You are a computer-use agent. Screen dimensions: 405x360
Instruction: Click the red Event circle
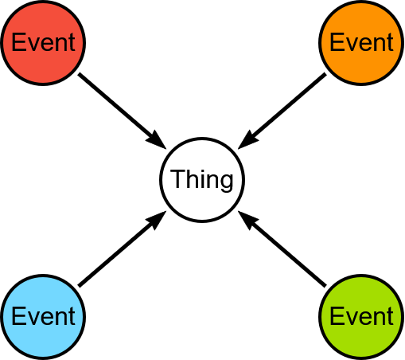coord(43,43)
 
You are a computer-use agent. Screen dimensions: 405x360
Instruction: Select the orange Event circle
coord(361,43)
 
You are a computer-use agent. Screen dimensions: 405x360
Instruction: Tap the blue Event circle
coord(43,317)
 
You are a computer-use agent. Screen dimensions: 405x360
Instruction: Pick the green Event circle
coord(361,317)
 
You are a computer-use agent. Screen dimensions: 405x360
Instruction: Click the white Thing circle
coord(202,180)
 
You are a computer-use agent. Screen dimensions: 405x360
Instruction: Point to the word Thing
coord(202,180)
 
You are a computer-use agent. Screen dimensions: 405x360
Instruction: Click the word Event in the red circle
coord(43,42)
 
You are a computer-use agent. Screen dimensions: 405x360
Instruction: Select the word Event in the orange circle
coord(361,42)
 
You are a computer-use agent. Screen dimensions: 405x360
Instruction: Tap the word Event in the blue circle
coord(43,316)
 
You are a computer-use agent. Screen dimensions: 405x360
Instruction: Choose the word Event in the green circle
coord(361,316)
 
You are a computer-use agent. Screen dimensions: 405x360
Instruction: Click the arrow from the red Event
coord(123,112)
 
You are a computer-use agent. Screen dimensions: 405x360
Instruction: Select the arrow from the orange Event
coord(282,112)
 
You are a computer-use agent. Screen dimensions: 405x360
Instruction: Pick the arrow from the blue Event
coord(123,249)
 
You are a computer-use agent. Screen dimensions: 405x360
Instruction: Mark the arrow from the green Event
coord(282,249)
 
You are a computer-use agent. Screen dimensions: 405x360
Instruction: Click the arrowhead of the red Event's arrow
coord(157,141)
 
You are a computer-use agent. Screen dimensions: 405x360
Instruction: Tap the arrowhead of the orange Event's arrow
coord(247,141)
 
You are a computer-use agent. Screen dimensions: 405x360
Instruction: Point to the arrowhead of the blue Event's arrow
coord(157,219)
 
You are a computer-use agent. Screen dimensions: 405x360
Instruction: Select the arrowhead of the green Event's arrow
coord(247,219)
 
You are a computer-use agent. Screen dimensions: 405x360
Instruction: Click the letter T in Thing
coord(177,178)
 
